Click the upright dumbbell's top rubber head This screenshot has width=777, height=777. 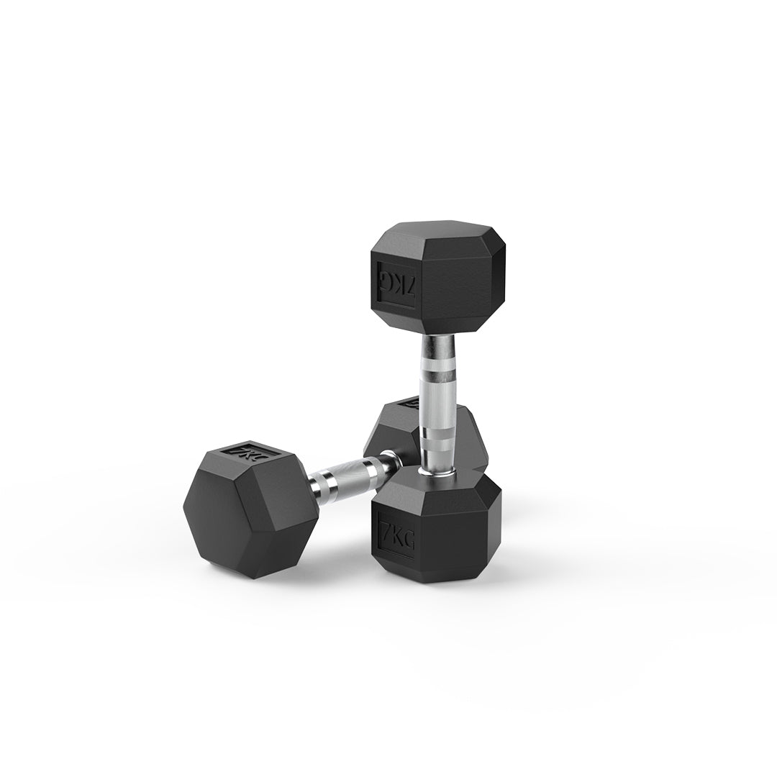[x=437, y=277]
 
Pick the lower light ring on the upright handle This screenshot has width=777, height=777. [x=438, y=436]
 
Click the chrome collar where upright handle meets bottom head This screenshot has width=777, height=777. [x=437, y=468]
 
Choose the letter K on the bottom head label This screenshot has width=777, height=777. [x=396, y=537]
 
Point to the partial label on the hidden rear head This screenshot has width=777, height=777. [x=411, y=404]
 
